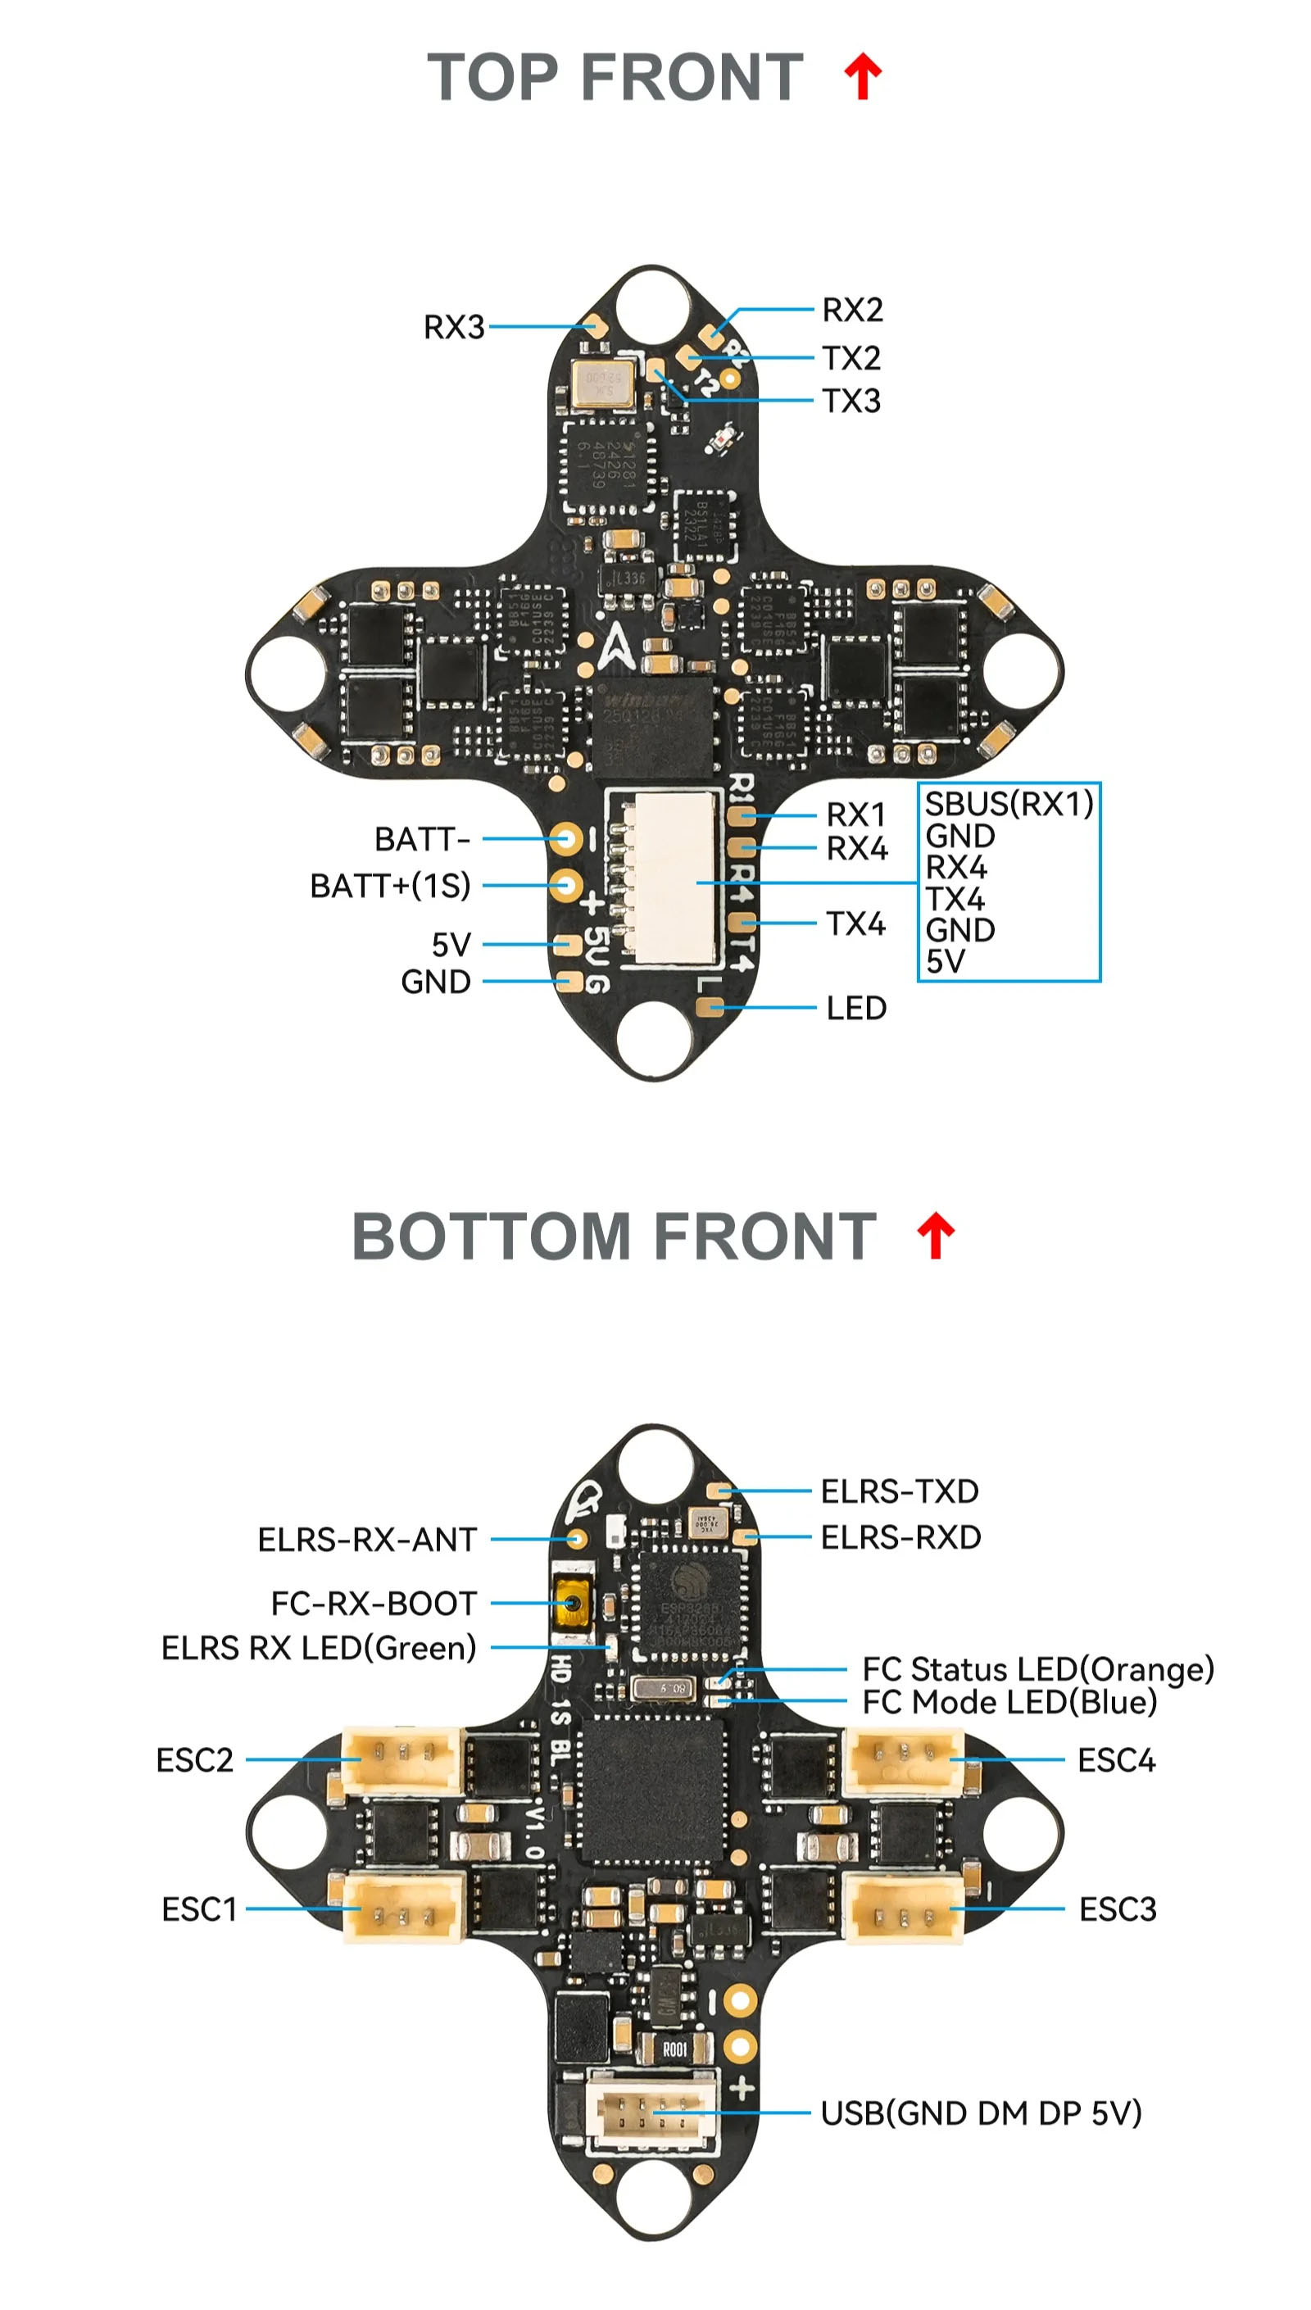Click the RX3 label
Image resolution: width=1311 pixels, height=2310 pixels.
(454, 327)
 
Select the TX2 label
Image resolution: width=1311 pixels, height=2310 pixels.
(851, 358)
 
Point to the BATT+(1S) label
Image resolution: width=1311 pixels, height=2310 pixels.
(390, 886)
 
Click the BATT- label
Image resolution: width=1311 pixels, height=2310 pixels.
(421, 839)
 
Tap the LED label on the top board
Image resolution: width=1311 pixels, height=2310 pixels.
(856, 1008)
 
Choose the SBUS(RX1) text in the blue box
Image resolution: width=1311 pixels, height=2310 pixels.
(1009, 804)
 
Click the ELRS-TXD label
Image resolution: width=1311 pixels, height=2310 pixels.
(900, 1491)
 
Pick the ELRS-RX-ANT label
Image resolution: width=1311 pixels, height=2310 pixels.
(366, 1540)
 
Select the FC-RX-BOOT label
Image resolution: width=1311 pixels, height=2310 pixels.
(374, 1604)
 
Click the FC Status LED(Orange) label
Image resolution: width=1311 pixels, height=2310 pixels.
(1037, 1669)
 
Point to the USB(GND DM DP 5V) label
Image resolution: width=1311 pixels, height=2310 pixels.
(981, 2112)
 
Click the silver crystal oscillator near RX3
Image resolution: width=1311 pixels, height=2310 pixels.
(601, 385)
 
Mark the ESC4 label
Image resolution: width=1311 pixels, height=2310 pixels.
(1116, 1760)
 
